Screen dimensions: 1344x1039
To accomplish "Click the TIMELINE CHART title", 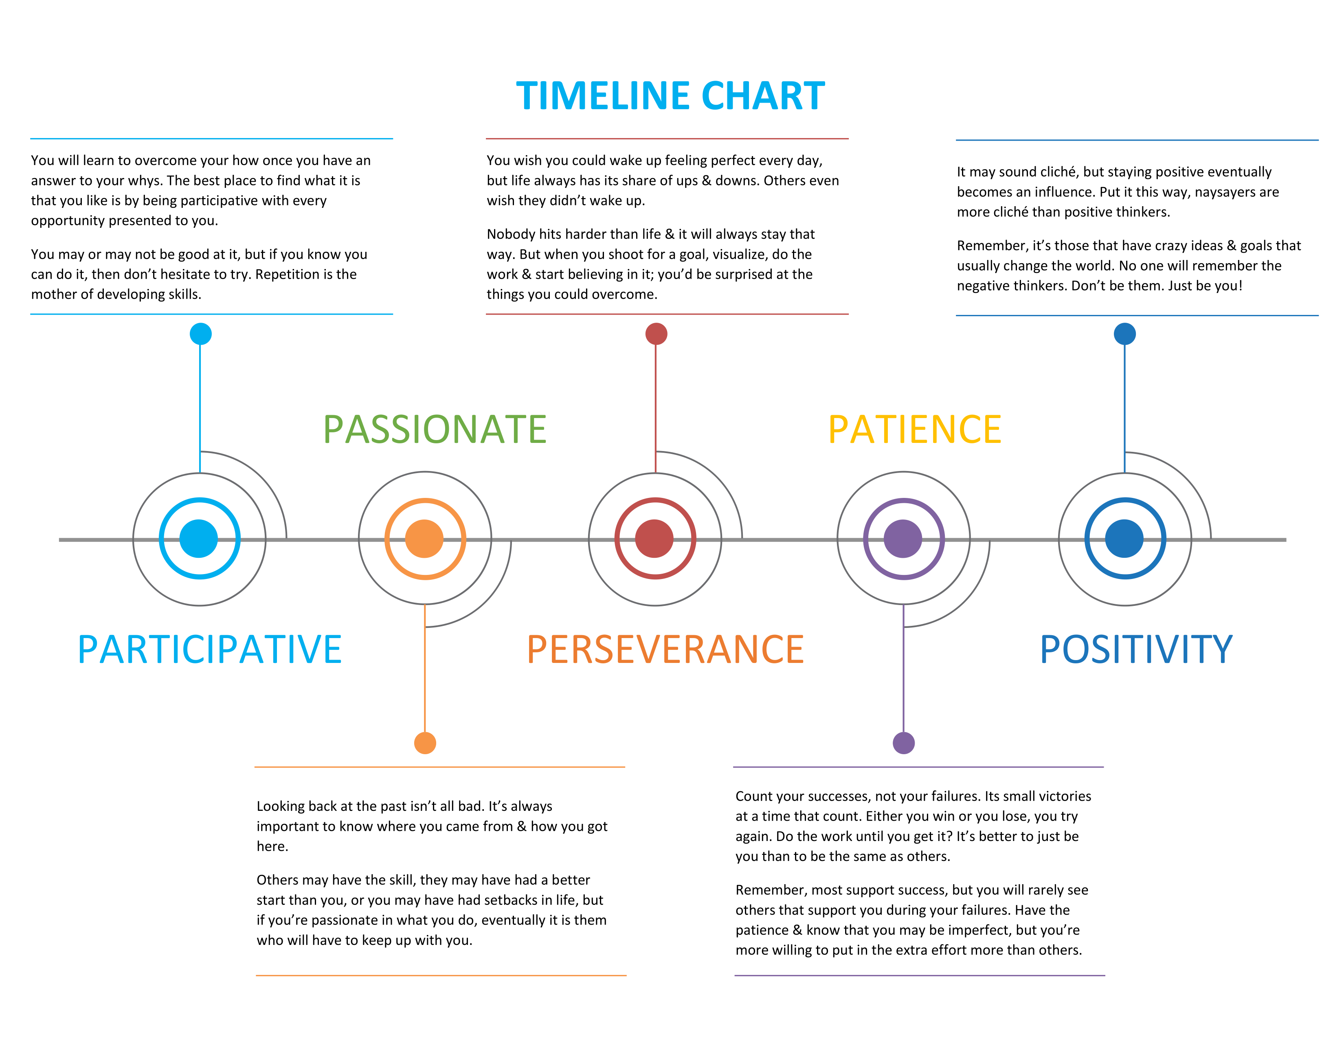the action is point(670,96).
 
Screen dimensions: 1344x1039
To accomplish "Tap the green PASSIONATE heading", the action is point(435,429).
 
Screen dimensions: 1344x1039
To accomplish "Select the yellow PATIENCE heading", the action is point(914,429).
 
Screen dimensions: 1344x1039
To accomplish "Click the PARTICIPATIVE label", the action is point(210,649).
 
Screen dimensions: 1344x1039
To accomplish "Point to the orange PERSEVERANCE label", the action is point(665,649).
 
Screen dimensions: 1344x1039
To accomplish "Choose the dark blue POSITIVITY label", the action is point(1136,649).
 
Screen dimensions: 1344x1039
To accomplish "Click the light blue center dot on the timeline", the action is point(199,539).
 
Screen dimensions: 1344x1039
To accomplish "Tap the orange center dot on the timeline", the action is point(425,539).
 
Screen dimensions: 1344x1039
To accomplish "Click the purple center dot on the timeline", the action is point(903,539).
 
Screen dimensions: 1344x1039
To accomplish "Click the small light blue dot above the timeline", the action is point(201,334).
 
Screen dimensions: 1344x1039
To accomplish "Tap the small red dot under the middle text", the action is point(656,334).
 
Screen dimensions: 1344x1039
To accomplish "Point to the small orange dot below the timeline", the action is point(425,743).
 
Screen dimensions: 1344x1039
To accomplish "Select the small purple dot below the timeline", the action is point(903,743).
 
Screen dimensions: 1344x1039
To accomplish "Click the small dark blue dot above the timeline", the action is point(1125,334).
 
